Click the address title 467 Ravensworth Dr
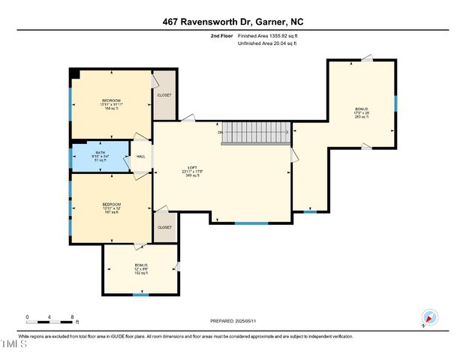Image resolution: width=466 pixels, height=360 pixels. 233,22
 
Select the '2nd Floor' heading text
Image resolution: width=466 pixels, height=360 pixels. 222,35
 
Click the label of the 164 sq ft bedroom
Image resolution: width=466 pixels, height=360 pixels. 111,104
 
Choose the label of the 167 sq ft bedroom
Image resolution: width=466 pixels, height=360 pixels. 111,208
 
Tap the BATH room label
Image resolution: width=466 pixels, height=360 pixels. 100,156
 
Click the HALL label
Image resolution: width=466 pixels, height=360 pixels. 141,157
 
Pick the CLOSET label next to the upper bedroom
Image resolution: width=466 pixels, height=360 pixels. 164,95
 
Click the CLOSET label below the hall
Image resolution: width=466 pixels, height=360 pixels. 164,226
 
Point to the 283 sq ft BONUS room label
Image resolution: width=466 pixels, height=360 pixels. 362,112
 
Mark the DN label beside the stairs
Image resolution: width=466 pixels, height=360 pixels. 221,133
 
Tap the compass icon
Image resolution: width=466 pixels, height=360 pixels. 429,317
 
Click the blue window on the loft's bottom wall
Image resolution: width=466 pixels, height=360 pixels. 251,223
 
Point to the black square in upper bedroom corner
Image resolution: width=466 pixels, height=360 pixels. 74,73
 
